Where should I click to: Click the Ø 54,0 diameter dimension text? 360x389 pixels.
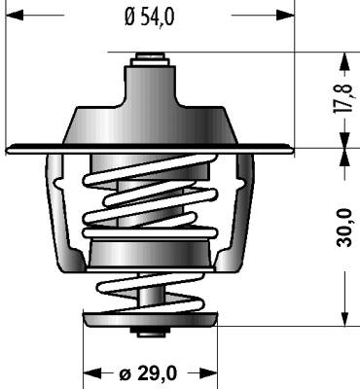point(150,17)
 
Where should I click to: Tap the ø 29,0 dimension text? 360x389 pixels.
point(148,373)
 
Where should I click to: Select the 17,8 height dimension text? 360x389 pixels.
point(342,98)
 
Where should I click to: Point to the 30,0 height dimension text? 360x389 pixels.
point(344,228)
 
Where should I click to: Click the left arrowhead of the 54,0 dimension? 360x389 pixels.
point(15,15)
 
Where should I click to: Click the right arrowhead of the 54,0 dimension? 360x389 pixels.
point(285,15)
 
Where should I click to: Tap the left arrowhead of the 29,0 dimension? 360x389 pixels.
point(92,372)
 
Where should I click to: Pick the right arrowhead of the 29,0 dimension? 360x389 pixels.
point(208,372)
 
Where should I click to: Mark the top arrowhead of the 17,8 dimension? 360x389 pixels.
point(345,61)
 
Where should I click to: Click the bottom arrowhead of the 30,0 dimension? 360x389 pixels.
point(345,318)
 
